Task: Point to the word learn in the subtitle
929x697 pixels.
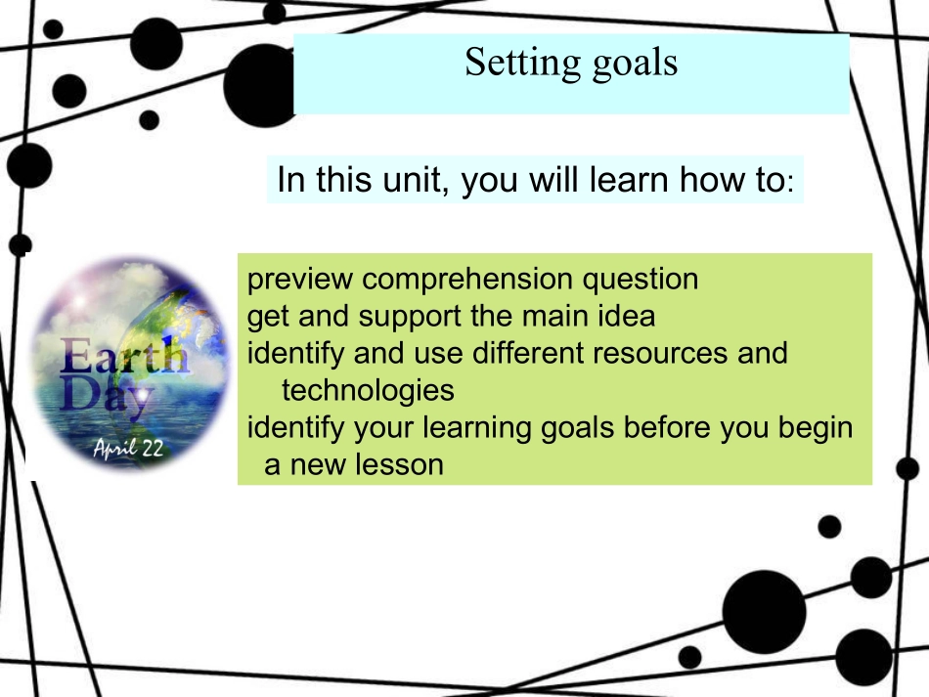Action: [629, 179]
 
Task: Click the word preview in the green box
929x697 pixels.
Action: [300, 280]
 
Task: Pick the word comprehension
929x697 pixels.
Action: [467, 280]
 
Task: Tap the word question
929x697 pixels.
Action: [641, 280]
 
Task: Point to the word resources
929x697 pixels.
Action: [660, 354]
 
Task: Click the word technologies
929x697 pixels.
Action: [368, 390]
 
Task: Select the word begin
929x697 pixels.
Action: [816, 428]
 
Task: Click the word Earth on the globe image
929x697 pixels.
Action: [124, 355]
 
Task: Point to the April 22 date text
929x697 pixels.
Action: [128, 448]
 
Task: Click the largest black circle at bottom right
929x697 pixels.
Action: [765, 612]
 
